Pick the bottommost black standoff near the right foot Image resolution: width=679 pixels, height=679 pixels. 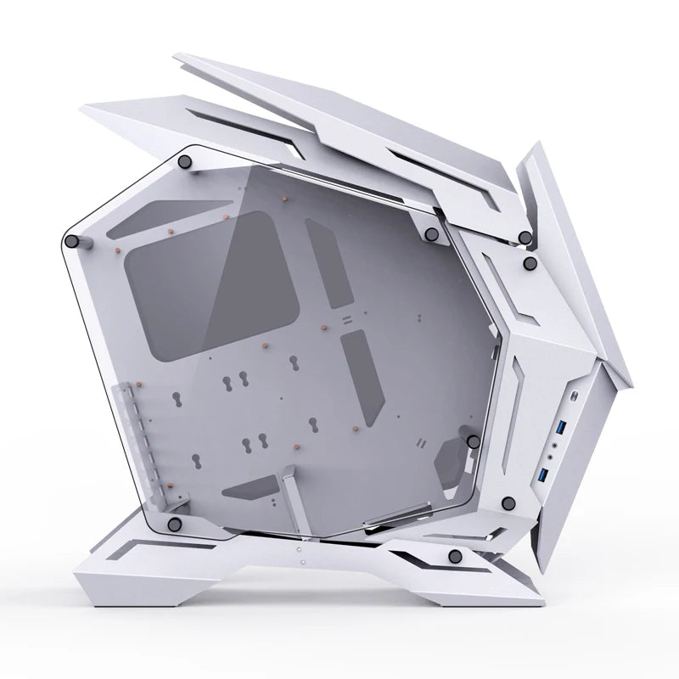click(x=455, y=555)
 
